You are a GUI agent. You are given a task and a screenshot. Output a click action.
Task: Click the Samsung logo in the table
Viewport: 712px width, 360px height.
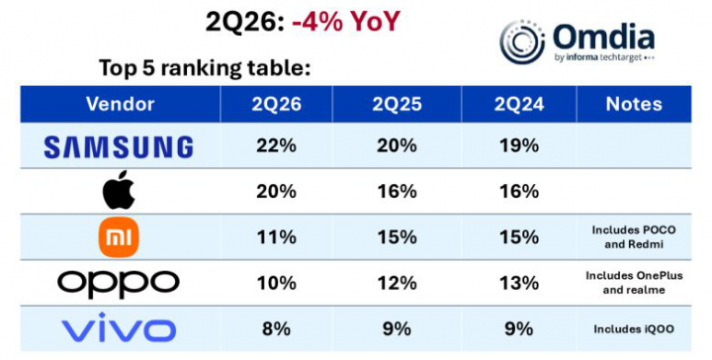click(119, 147)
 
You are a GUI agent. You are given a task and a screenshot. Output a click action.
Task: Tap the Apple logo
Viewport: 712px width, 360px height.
click(119, 190)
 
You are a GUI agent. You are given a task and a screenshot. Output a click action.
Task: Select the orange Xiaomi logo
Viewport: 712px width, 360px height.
click(119, 237)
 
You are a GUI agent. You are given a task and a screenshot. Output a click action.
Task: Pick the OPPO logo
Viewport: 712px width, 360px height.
click(119, 284)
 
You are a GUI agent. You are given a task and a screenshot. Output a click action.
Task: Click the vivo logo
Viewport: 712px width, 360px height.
click(119, 327)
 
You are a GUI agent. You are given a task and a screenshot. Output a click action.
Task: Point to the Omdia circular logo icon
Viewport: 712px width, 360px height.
click(522, 42)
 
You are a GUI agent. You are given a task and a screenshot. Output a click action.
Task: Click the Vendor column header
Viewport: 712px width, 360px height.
click(121, 104)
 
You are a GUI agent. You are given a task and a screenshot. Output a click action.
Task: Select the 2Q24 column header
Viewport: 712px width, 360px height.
click(519, 105)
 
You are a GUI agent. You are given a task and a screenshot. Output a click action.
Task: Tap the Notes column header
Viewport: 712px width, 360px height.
click(634, 104)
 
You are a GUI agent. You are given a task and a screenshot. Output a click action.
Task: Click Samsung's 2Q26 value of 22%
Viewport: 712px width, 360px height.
click(276, 145)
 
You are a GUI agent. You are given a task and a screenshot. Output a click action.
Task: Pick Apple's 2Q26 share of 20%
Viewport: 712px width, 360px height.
click(276, 192)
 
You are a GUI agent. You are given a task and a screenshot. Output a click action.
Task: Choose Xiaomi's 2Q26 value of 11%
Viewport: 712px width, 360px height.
click(276, 237)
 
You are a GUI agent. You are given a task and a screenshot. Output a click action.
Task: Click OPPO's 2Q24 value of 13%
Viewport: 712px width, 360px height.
click(519, 283)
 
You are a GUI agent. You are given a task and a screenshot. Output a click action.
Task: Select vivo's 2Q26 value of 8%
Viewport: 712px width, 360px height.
click(276, 328)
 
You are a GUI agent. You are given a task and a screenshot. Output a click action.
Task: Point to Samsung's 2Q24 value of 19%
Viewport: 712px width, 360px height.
click(519, 145)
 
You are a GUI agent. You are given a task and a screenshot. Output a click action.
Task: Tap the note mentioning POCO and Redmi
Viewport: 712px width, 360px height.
click(634, 237)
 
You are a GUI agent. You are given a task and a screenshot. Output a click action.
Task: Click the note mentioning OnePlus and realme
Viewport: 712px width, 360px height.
click(634, 283)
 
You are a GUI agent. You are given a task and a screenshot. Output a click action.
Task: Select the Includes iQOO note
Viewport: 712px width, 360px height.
click(634, 329)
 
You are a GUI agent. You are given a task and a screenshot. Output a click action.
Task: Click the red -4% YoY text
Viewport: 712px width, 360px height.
click(346, 22)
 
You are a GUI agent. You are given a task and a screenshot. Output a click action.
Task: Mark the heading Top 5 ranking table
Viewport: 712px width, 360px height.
click(205, 68)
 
